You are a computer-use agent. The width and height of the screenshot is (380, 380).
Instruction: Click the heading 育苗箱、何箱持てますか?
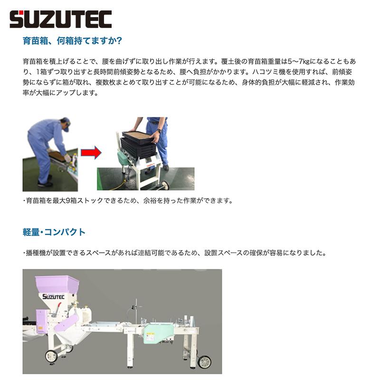[73, 41]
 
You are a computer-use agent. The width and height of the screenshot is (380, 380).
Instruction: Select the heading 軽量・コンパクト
[54, 232]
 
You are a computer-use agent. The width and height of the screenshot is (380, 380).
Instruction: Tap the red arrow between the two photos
[91, 153]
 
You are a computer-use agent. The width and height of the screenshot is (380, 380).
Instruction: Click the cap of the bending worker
[65, 122]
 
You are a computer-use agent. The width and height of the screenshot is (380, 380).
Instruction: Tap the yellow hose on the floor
[116, 182]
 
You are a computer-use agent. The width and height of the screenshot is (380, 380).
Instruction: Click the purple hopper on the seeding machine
[57, 285]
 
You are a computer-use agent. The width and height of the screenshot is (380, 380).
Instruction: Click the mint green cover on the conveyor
[157, 331]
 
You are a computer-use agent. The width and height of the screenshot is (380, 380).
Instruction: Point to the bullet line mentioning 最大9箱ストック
[128, 200]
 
